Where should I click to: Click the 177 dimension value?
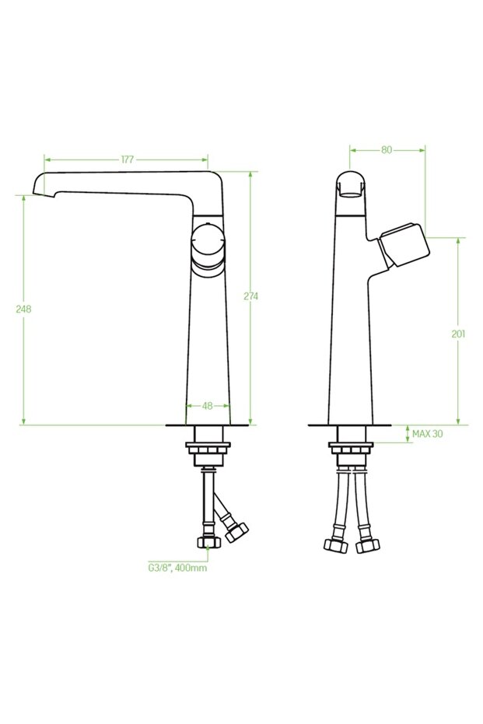click(x=127, y=159)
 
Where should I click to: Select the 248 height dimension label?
click(x=23, y=309)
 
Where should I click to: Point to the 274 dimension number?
click(x=250, y=296)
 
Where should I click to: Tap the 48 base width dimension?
click(x=208, y=405)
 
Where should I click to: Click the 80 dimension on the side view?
click(x=387, y=150)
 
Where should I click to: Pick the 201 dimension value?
click(x=458, y=334)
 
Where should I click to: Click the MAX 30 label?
click(x=427, y=433)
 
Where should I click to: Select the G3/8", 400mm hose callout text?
click(x=178, y=568)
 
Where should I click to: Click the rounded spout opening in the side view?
click(x=351, y=186)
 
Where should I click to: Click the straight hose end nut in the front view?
click(x=208, y=543)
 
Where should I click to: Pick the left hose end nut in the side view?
click(x=335, y=545)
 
